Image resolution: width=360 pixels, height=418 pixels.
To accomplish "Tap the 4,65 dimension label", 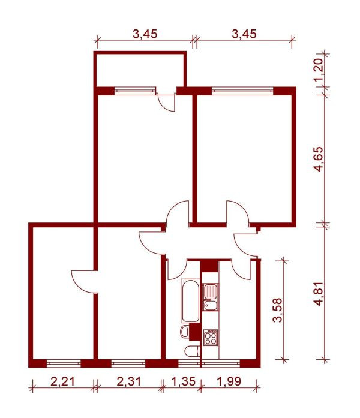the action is pos(319,159).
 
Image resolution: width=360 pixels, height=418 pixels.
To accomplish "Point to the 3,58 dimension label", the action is pos(278,310).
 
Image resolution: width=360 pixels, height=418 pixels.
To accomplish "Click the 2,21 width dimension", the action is pos(62,381).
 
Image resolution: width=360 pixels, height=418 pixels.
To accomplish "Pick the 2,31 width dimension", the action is pos(129,381).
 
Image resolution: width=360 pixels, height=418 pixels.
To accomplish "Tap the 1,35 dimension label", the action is pos(184,381).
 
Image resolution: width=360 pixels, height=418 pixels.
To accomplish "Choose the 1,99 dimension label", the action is pos(229,381).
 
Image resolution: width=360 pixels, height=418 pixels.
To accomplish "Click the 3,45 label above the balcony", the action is pos(145,34).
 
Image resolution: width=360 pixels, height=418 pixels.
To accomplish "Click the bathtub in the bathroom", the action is pos(190,300).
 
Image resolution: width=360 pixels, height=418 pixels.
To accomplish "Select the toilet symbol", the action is pos(192,351).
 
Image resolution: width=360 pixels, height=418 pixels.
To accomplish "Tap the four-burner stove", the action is pos(211,337).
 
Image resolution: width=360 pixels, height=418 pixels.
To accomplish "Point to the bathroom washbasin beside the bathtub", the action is pos(184,332).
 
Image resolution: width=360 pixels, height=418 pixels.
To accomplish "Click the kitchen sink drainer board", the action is pos(211,291).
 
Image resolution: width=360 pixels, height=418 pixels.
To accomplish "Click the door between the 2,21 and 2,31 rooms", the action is pos(83,282).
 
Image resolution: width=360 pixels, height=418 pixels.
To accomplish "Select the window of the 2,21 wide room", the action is pos(64,363).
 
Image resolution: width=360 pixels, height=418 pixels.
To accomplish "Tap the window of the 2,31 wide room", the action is pos(128,363).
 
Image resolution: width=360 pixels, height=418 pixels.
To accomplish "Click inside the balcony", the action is pos(140,70).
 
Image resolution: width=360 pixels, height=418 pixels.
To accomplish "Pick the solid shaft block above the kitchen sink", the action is pos(209,266).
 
